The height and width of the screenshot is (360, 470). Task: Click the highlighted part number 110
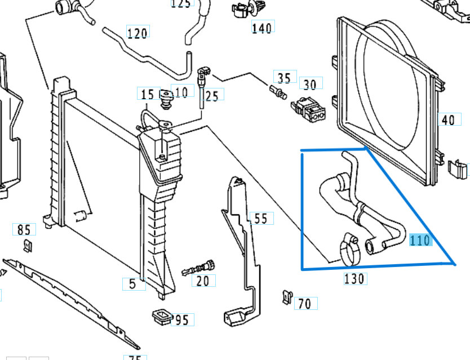(420, 241)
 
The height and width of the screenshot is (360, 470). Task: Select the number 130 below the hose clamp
(354, 278)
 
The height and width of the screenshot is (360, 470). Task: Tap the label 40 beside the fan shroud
(448, 120)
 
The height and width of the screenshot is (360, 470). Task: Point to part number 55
(260, 218)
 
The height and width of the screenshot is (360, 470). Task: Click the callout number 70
(304, 304)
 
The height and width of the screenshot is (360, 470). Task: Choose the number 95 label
(181, 321)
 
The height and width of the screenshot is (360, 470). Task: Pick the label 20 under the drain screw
(202, 281)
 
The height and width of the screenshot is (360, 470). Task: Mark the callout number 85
(24, 229)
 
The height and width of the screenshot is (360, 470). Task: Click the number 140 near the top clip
(261, 27)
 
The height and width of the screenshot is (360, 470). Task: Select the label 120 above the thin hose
(137, 33)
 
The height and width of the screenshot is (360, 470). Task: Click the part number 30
(310, 85)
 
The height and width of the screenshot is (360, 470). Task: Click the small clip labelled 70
(287, 297)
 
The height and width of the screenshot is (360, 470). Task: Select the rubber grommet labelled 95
(161, 317)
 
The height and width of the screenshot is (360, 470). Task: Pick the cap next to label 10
(166, 99)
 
